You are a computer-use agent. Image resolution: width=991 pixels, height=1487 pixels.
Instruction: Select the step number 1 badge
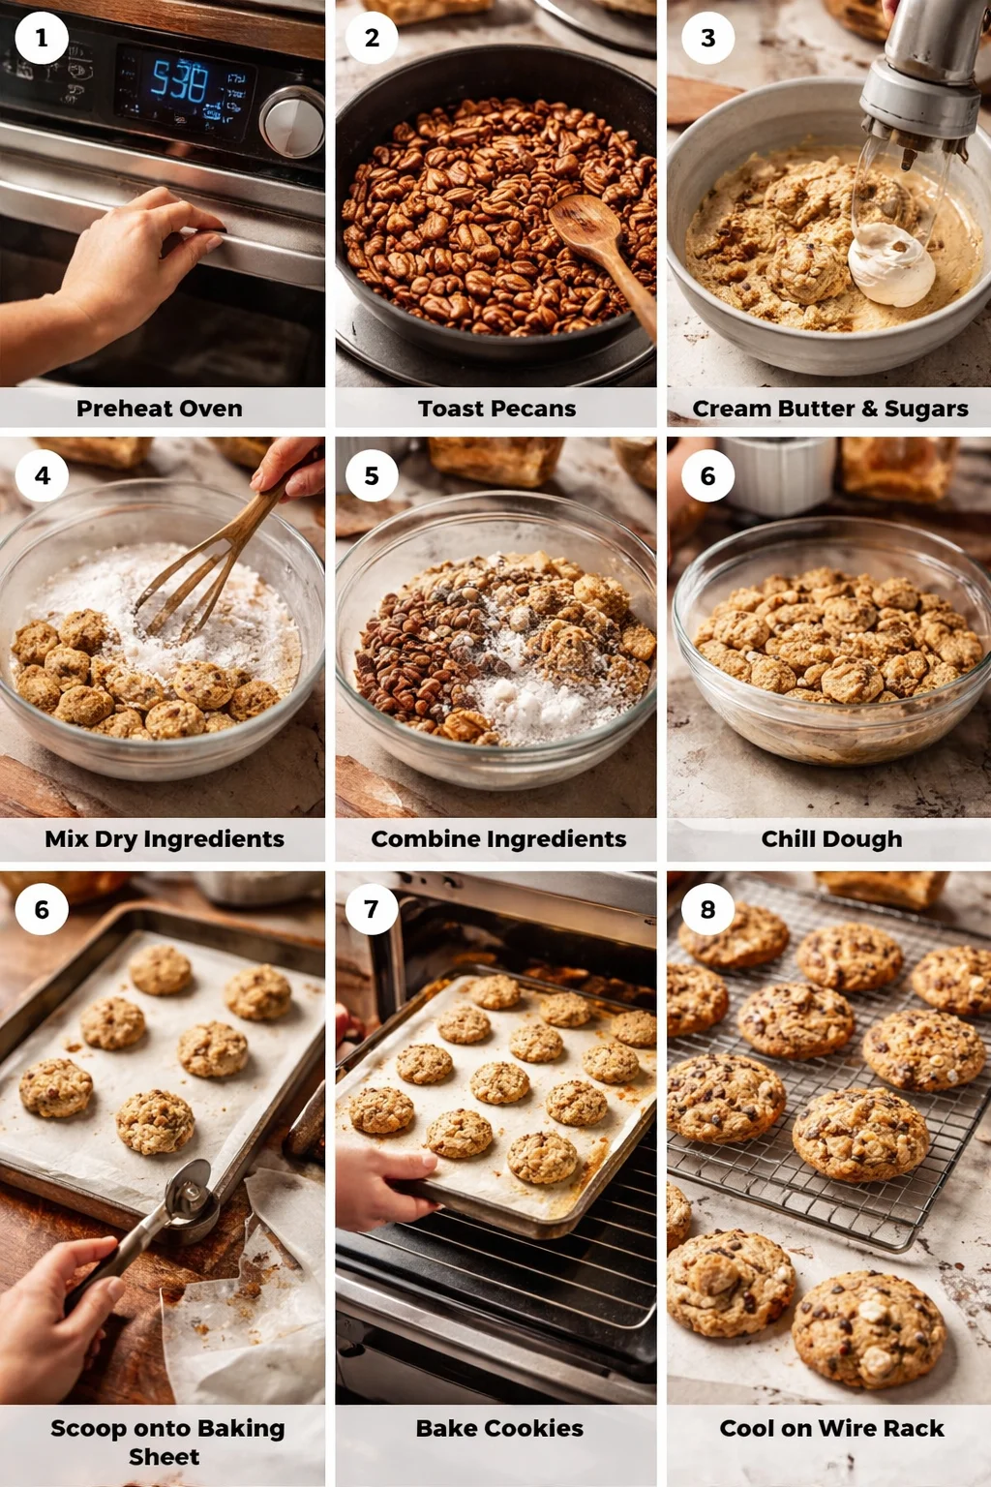tap(42, 39)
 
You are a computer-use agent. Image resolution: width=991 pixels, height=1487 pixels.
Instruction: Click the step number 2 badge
tap(372, 39)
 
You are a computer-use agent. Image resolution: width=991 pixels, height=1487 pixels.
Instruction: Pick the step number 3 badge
tap(707, 39)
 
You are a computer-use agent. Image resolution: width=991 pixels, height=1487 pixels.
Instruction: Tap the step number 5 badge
tap(372, 475)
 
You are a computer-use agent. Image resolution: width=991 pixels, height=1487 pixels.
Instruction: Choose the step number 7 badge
tap(372, 909)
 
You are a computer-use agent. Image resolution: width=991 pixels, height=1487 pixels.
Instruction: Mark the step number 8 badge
tap(707, 909)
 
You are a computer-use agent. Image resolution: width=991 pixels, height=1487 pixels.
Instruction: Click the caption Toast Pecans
tap(496, 409)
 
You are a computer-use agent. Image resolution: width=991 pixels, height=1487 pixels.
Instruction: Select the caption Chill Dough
tap(831, 838)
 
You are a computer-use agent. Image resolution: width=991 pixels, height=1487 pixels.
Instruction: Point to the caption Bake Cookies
tap(499, 1428)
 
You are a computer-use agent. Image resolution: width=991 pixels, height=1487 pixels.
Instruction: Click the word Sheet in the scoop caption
tap(164, 1457)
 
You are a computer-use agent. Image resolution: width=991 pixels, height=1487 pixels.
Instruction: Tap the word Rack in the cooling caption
tap(918, 1428)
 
